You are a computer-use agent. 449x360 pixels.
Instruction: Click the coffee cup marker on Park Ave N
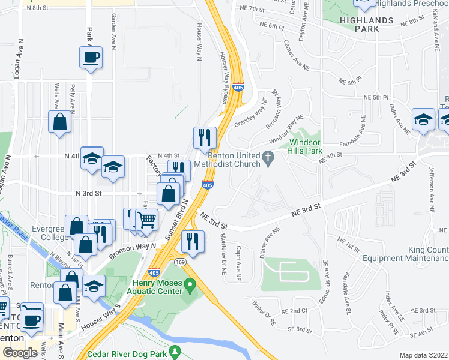[91, 58]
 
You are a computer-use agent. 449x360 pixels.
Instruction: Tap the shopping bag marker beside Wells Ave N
[60, 122]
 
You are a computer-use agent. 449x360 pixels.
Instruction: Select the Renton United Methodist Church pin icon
[270, 157]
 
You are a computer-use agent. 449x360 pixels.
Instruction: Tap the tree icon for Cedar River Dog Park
[175, 350]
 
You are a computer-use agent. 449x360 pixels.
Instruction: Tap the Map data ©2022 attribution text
[423, 355]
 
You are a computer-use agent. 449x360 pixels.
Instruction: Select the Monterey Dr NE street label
[223, 258]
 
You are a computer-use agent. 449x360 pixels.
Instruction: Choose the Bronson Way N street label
[132, 250]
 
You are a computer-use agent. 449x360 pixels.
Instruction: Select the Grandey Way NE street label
[259, 110]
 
